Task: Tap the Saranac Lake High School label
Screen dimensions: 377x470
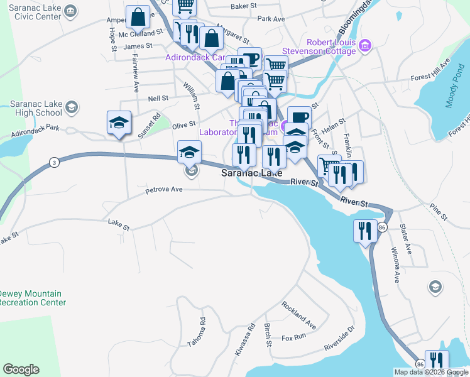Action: [x=35, y=108]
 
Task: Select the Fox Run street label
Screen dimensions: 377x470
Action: [x=293, y=337]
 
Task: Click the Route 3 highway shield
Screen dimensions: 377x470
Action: [x=55, y=163]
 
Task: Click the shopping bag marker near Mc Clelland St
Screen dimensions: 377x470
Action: [x=138, y=19]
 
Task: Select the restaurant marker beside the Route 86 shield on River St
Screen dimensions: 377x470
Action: [x=364, y=231]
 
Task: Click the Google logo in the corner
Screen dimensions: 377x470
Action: [x=21, y=369]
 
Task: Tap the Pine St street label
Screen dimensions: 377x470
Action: [x=438, y=212]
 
